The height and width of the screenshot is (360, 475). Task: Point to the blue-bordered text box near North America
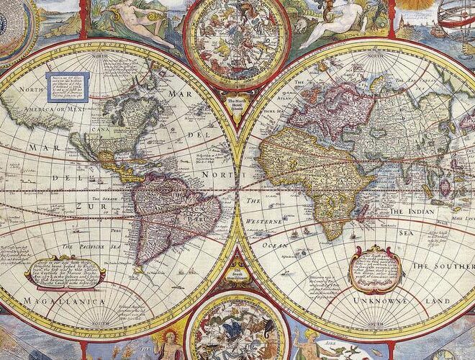click(x=67, y=86)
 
